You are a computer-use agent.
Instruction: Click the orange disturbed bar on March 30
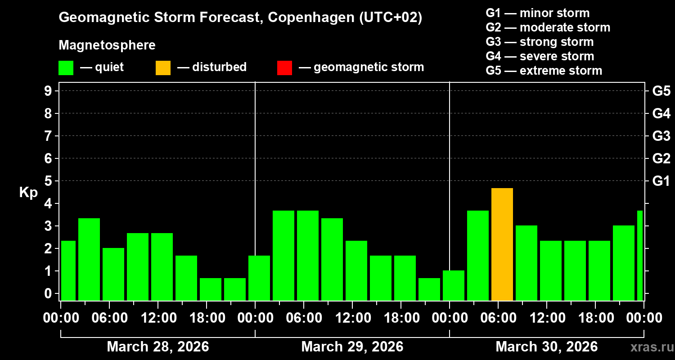(502, 244)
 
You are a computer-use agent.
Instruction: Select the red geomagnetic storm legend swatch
(284, 67)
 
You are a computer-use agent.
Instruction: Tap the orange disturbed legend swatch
(163, 67)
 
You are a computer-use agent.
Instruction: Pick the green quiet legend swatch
(66, 67)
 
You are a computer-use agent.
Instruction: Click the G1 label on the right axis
(661, 181)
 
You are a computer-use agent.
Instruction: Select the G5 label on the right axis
(661, 91)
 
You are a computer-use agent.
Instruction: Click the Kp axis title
(28, 193)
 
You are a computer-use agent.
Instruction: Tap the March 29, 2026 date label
(352, 347)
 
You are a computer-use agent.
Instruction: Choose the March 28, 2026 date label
(157, 347)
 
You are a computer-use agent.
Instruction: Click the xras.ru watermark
(649, 347)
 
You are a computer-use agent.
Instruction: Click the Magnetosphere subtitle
(107, 45)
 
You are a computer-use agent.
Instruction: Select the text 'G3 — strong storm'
(540, 42)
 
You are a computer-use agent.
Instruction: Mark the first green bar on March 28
(68, 270)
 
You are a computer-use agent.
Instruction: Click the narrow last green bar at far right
(640, 255)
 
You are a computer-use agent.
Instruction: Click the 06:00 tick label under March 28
(109, 318)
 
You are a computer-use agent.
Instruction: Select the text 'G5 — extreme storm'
(544, 71)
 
